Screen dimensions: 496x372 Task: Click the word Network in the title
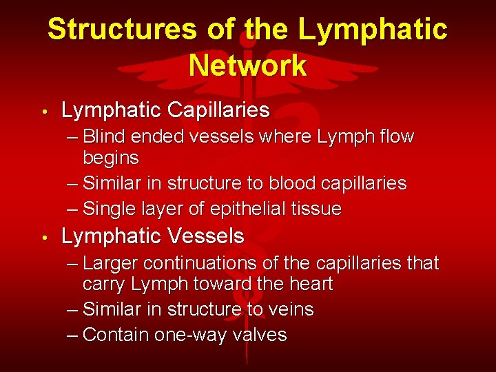point(247,65)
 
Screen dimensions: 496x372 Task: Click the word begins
point(111,158)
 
